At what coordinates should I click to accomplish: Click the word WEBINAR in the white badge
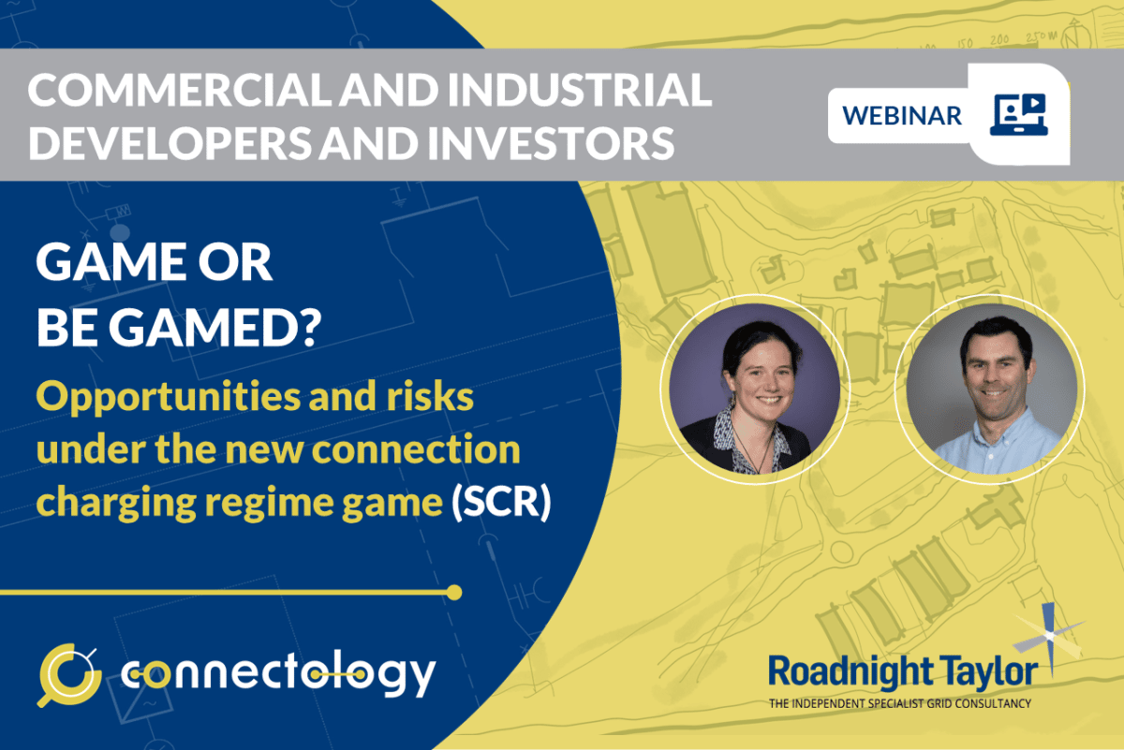click(901, 115)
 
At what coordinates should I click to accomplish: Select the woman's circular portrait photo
click(754, 389)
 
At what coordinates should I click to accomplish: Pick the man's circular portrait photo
click(988, 389)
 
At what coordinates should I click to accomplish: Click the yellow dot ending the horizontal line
click(454, 593)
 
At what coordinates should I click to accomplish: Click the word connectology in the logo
click(278, 673)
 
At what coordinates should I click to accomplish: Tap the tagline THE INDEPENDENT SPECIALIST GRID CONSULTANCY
click(899, 702)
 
